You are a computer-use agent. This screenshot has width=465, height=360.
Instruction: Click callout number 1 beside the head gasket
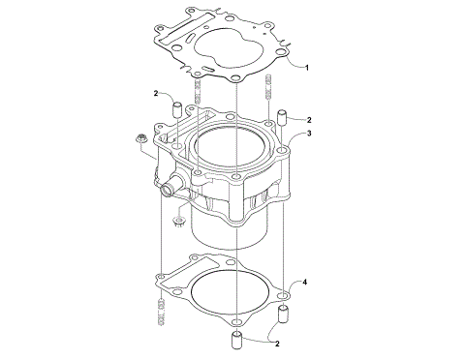[x=306, y=68]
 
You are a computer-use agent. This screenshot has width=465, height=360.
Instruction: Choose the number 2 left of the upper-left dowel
[x=154, y=93]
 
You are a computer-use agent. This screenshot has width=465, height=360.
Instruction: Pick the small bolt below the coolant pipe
[x=178, y=224]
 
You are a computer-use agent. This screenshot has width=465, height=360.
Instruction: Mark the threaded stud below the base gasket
[x=160, y=312]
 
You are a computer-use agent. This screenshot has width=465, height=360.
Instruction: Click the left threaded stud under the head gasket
[x=199, y=92]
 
